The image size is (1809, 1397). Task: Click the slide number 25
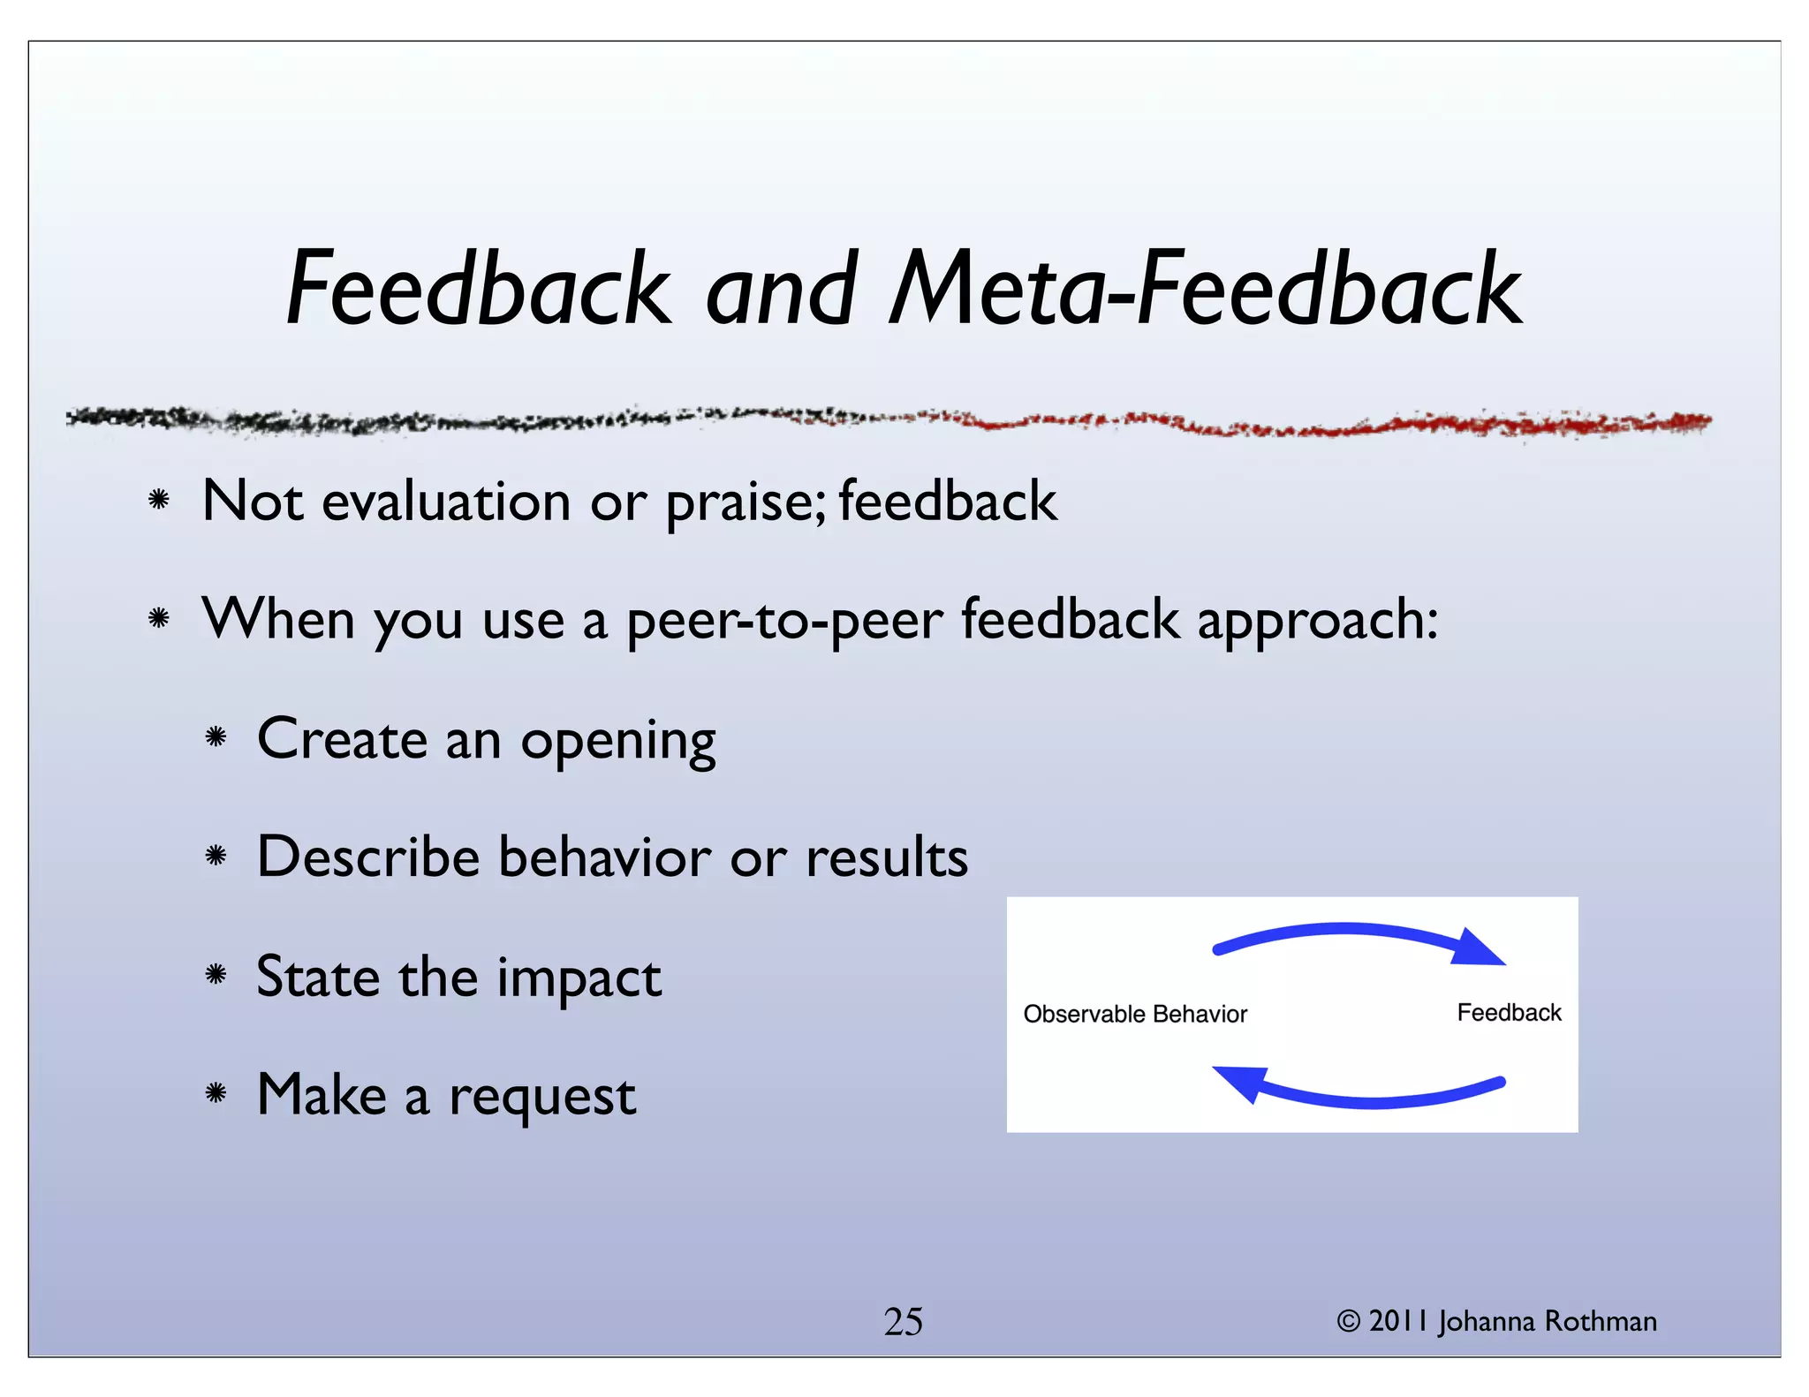point(903,1322)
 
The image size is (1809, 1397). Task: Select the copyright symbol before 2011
point(1348,1322)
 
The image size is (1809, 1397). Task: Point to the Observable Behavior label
point(1135,1014)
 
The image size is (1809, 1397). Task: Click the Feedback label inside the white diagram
point(1509,1012)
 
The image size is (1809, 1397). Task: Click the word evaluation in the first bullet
point(446,502)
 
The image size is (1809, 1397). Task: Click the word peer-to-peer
point(785,622)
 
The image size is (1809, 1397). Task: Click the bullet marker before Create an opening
point(216,736)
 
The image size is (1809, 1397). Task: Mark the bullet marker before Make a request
point(216,1094)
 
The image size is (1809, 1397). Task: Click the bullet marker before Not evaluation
point(159,501)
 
